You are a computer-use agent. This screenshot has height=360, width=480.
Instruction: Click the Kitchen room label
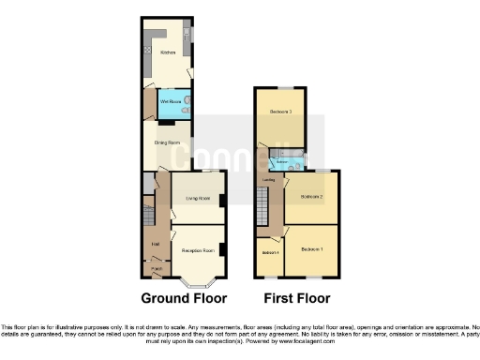point(168,53)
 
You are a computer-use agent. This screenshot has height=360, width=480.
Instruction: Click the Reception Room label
point(198,250)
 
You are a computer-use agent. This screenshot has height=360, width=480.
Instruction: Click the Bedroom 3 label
point(281,112)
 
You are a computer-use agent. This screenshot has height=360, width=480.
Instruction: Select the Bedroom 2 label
point(310,197)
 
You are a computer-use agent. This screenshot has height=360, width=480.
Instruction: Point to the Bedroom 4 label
point(271,253)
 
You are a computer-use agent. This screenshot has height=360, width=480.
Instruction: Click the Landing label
point(268,180)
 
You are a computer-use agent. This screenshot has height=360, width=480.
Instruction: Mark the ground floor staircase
point(147,205)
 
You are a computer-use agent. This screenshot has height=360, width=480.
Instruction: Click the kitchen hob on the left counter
point(148,48)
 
